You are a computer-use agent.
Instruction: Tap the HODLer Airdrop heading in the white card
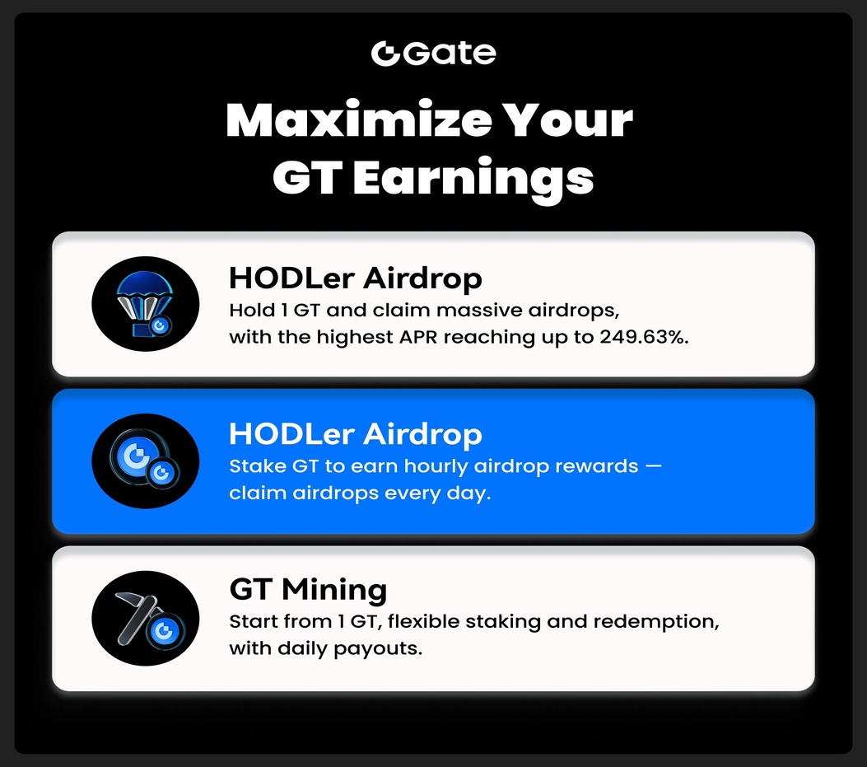[356, 278]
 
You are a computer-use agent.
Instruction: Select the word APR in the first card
[418, 337]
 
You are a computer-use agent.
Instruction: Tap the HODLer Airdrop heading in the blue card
[356, 433]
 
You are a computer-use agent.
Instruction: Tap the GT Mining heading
[308, 589]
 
